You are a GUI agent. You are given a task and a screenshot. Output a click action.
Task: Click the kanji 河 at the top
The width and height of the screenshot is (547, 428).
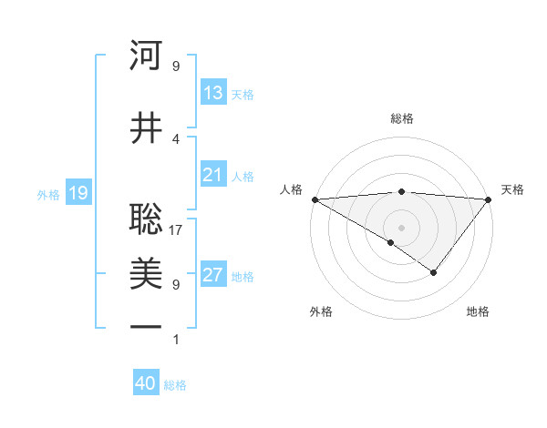[x=146, y=56]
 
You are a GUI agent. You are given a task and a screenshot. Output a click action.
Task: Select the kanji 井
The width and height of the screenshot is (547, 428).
[x=146, y=127]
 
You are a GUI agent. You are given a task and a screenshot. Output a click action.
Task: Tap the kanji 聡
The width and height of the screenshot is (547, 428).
[x=146, y=219]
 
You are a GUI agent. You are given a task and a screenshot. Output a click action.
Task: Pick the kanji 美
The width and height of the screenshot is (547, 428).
[x=146, y=273]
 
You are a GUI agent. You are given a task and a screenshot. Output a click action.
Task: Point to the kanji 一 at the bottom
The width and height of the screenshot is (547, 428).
[x=146, y=327]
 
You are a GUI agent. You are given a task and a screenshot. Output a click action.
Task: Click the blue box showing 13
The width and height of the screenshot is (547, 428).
[x=212, y=93]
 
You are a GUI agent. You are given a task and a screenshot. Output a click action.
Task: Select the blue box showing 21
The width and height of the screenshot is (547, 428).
[x=212, y=175]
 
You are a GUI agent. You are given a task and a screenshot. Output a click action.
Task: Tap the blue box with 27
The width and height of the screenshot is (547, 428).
[x=212, y=276]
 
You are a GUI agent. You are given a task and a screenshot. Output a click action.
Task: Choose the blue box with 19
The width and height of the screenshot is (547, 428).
[x=77, y=192]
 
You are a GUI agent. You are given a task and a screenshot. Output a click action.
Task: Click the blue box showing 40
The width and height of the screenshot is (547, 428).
[x=146, y=383]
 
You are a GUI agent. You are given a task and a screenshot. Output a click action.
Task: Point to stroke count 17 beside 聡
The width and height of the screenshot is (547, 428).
[x=176, y=229]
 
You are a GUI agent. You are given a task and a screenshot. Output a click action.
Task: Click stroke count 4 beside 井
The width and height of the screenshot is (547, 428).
[x=176, y=138]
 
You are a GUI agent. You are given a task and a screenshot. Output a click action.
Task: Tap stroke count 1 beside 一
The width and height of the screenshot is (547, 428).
[x=176, y=339]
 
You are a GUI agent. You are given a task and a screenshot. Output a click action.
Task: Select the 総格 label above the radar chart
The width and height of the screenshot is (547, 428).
[x=401, y=118]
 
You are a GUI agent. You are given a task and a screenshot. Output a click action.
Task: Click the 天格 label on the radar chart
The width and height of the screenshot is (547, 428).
[x=513, y=189]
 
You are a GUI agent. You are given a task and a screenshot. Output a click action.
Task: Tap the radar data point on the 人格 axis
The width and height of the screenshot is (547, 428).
[x=315, y=199]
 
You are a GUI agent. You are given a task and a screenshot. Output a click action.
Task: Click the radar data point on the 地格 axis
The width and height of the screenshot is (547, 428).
[x=434, y=272]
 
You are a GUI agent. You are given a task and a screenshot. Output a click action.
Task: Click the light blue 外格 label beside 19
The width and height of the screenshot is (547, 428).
[x=48, y=193]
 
